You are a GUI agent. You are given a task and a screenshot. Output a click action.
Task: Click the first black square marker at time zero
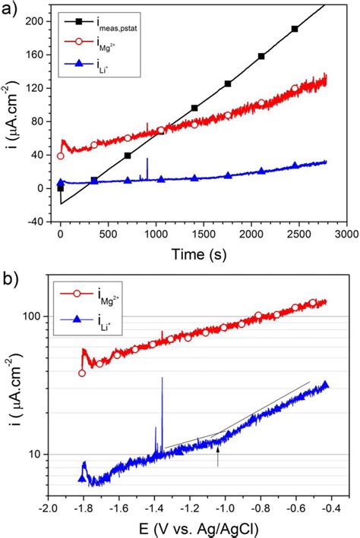(x=61, y=187)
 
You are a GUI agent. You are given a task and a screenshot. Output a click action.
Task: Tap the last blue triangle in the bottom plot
(x=325, y=385)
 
